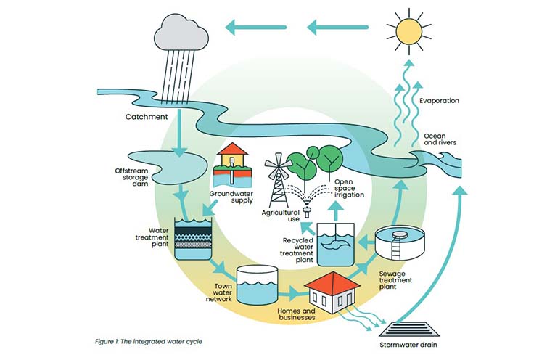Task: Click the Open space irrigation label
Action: (x=349, y=187)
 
